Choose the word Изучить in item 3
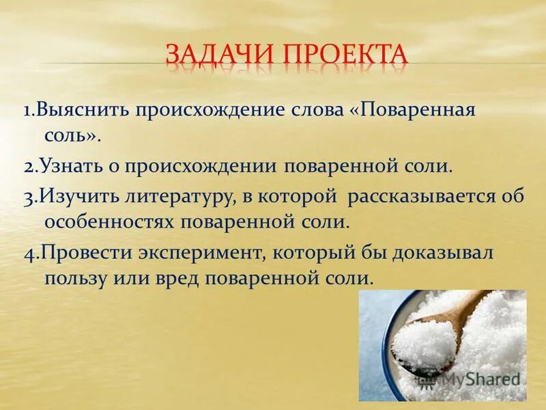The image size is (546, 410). click(81, 197)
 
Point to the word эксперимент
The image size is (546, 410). click(201, 253)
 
